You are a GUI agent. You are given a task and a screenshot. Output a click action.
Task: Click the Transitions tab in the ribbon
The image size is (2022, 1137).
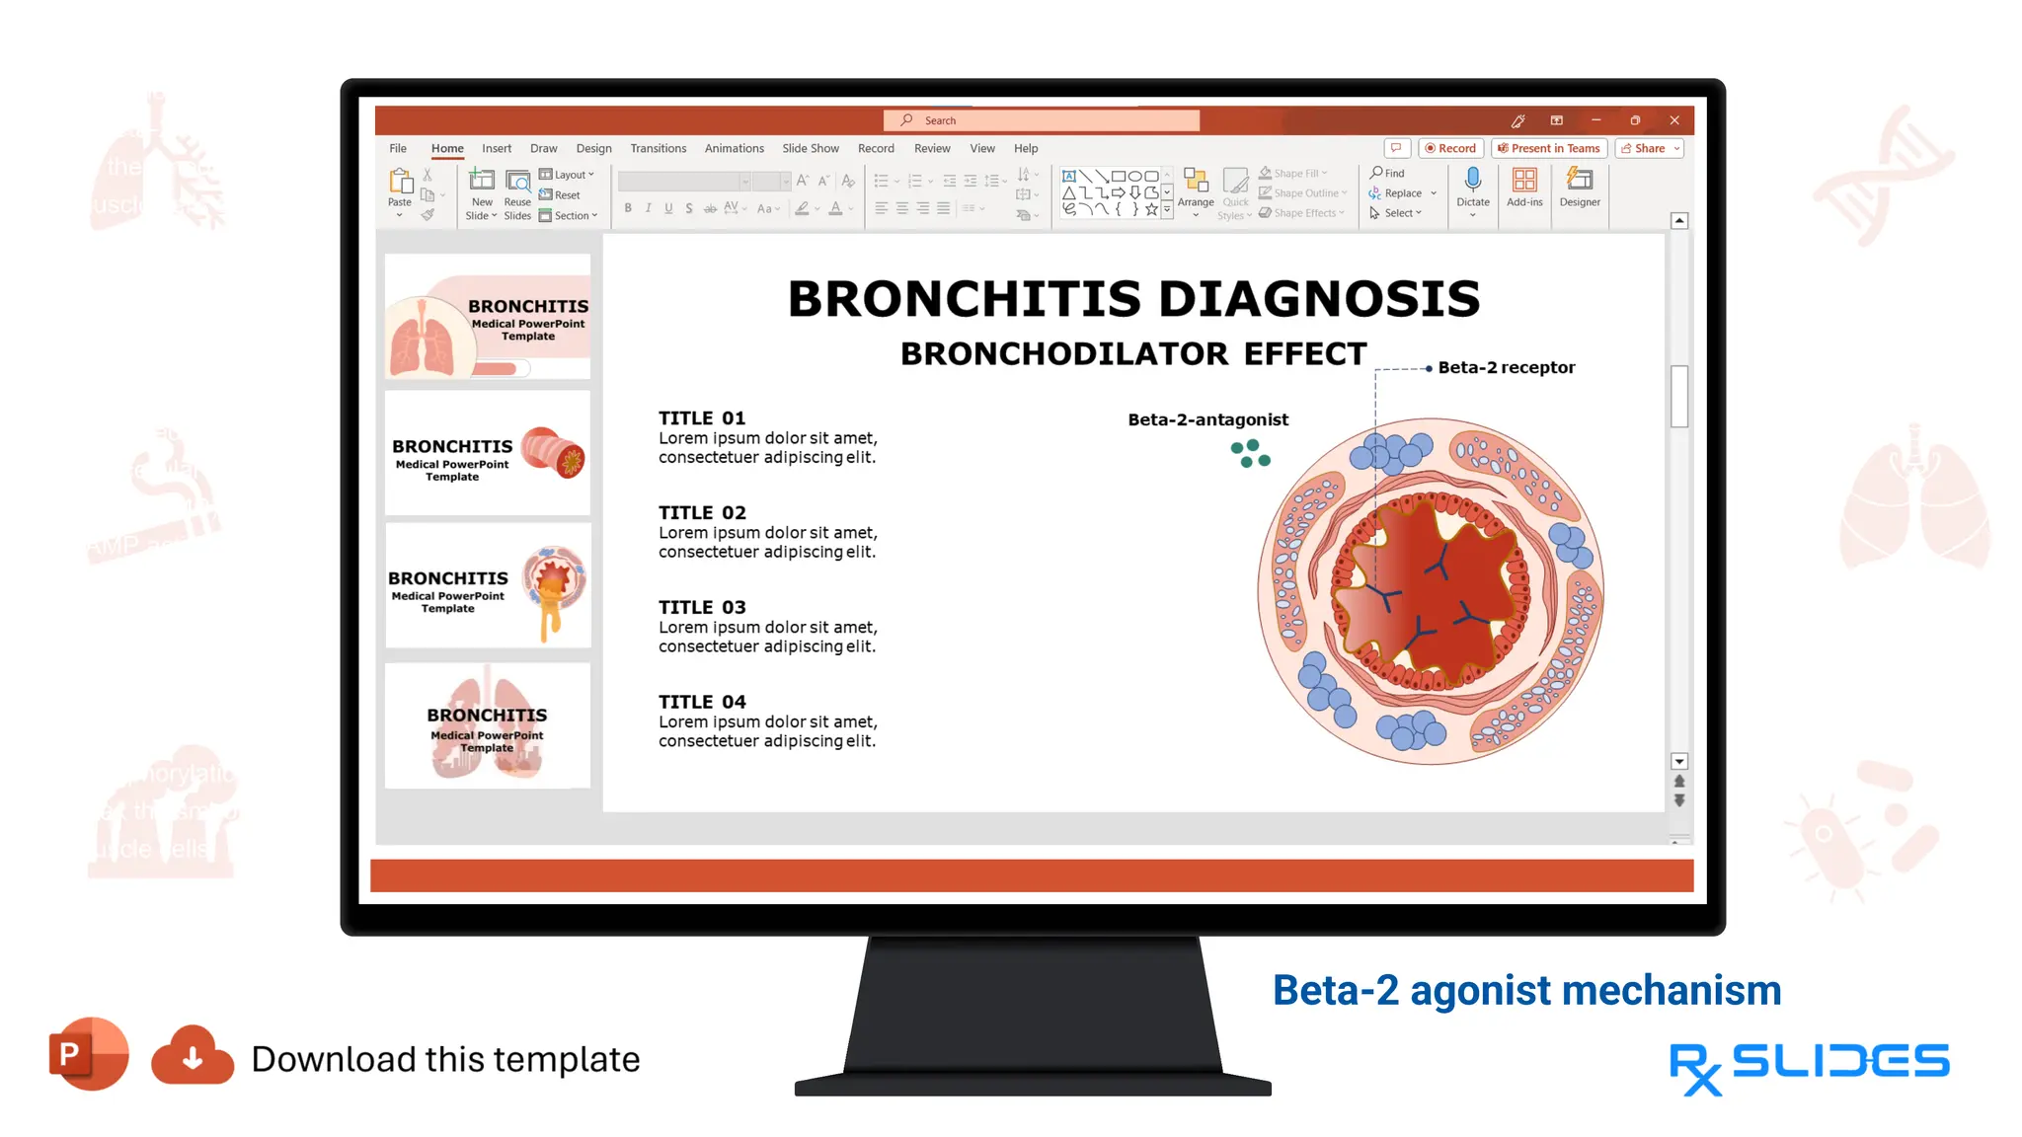coord(658,148)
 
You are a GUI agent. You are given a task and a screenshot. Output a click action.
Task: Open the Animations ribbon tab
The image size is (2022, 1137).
coord(734,148)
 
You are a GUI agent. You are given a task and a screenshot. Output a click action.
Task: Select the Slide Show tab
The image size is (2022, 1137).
coord(810,148)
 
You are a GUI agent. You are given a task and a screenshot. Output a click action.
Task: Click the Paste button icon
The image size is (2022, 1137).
coord(400,182)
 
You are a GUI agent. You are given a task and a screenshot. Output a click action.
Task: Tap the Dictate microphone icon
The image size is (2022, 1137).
coord(1472,180)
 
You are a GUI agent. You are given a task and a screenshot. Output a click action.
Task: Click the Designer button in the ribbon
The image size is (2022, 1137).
coord(1580,187)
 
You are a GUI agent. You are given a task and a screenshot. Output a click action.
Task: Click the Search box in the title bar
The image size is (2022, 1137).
coord(1041,120)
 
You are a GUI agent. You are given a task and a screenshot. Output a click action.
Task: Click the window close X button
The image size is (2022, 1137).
coord(1674,120)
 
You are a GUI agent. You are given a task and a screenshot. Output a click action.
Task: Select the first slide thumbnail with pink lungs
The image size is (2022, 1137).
coord(488,317)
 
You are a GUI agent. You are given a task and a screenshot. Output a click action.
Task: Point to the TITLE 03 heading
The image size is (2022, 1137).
coord(702,607)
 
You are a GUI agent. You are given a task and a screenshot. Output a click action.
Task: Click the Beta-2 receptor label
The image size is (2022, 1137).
coord(1506,367)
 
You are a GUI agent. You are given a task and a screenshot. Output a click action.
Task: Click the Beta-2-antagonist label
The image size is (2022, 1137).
coord(1207,419)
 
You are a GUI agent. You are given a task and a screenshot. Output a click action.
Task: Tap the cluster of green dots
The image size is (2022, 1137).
coord(1250,454)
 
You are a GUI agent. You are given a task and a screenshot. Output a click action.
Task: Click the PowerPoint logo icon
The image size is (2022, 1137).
coord(88,1054)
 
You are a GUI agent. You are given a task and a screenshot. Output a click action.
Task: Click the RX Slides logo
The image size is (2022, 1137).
coord(1809,1066)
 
